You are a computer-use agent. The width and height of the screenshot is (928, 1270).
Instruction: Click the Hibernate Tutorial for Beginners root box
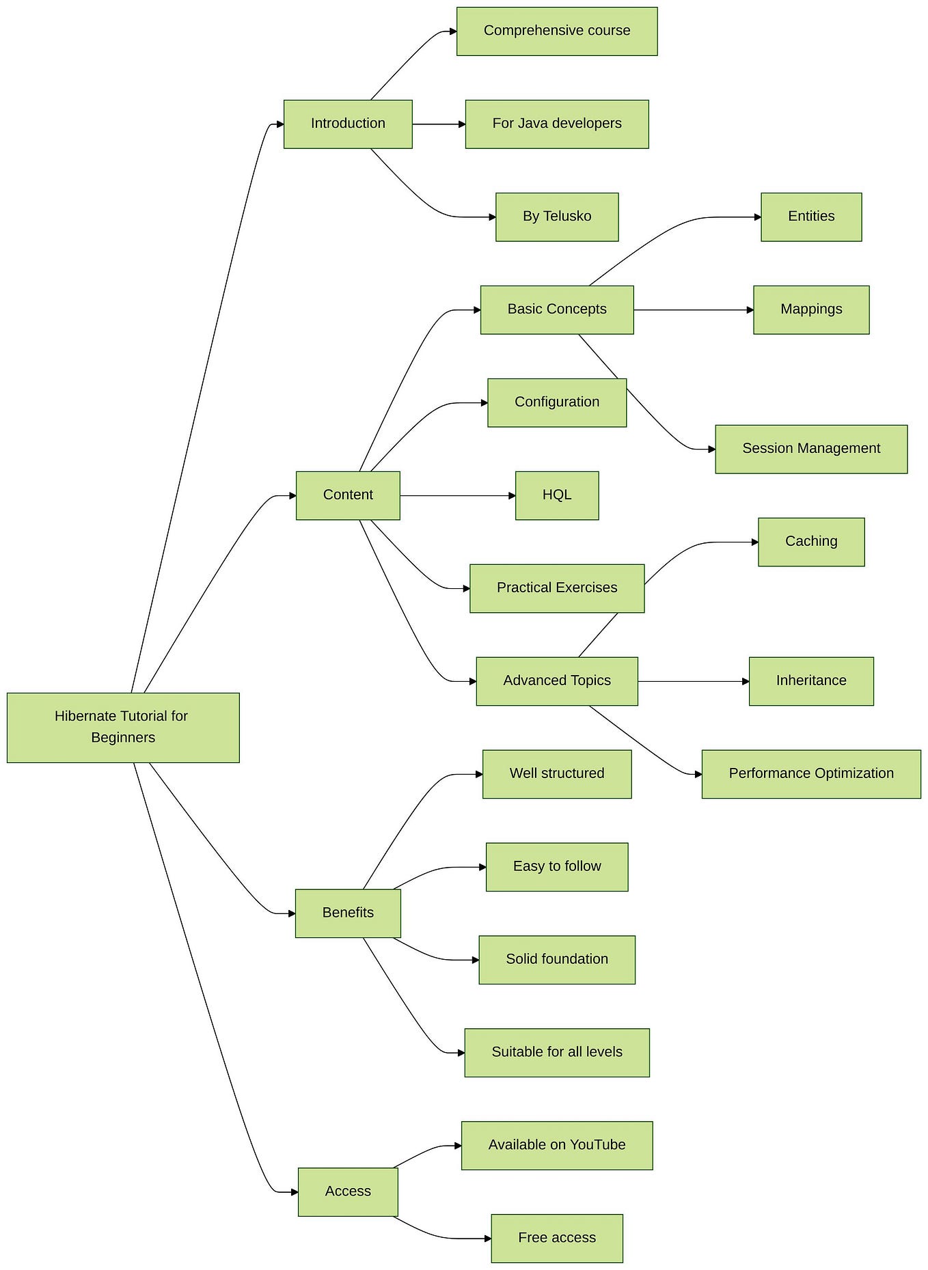(x=123, y=727)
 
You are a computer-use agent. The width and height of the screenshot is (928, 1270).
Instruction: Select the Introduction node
(x=348, y=124)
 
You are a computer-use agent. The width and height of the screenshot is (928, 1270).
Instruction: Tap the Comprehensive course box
(x=557, y=31)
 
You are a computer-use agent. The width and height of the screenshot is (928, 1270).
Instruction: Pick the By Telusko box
(x=557, y=217)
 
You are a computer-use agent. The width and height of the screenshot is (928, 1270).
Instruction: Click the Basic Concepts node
(x=557, y=309)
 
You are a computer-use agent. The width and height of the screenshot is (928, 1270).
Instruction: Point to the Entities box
(x=811, y=217)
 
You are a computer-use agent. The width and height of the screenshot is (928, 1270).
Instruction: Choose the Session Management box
(x=811, y=449)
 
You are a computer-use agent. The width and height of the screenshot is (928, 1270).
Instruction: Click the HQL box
(x=557, y=495)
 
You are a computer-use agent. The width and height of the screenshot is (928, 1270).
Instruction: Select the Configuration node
(x=557, y=402)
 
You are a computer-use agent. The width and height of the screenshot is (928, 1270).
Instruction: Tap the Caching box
(x=811, y=542)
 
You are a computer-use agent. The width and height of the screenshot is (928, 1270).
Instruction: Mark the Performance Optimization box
(x=811, y=774)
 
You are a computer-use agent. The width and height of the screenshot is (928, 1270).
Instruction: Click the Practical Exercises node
(x=557, y=588)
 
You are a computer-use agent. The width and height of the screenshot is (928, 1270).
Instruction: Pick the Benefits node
(x=348, y=913)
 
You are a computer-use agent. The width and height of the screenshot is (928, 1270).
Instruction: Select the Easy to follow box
(x=557, y=866)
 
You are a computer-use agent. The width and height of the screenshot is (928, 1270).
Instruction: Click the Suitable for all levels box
(x=557, y=1052)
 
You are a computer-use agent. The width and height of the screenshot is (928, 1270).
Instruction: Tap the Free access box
(x=557, y=1238)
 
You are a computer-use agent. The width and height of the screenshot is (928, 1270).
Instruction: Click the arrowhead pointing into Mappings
(x=750, y=310)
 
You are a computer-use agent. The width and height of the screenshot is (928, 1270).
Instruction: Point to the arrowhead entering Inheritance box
(x=746, y=681)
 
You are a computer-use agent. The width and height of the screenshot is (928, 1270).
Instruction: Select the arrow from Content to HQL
(x=458, y=495)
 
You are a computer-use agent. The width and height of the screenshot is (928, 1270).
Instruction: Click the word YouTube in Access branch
(x=597, y=1145)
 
